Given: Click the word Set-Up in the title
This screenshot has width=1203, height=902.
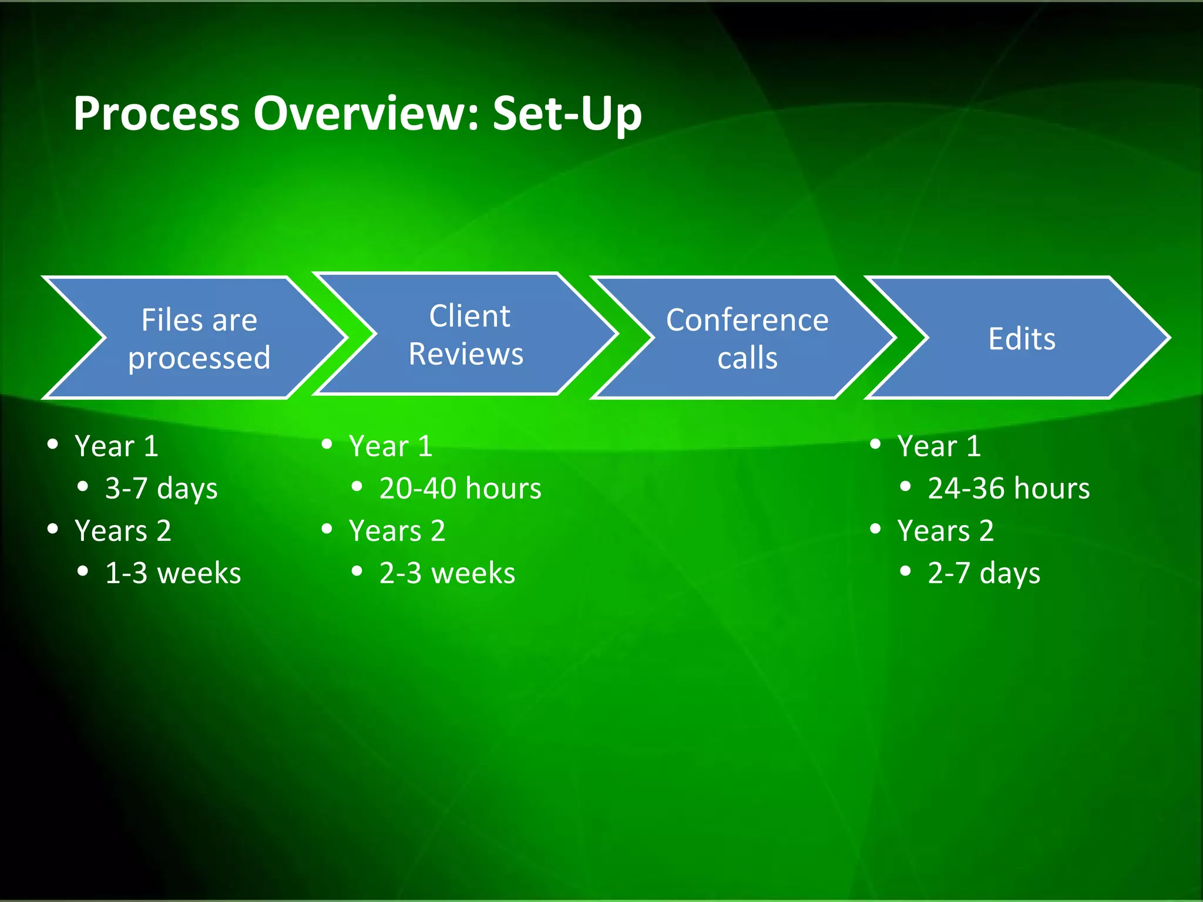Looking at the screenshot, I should tap(567, 113).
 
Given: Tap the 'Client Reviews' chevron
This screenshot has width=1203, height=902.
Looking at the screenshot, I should tap(466, 334).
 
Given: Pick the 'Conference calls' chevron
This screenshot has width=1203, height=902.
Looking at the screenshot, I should tap(747, 338).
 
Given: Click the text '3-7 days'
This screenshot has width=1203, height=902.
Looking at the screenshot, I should tap(161, 489).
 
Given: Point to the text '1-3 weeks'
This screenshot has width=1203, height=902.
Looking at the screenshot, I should tap(173, 573).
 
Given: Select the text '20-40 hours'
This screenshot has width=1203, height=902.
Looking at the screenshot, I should tap(460, 489).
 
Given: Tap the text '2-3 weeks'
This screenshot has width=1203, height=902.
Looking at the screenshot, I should tap(447, 573).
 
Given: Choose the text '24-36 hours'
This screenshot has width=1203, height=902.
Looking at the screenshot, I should tap(1009, 489).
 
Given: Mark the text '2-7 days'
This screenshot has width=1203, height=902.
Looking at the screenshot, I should tap(984, 573).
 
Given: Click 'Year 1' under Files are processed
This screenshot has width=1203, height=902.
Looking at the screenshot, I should tap(116, 446).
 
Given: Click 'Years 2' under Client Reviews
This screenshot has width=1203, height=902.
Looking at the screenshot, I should tap(397, 531).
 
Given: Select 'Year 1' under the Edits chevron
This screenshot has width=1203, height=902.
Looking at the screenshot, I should tap(939, 446).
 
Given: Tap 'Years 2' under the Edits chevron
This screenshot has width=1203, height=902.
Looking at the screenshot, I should tap(945, 531).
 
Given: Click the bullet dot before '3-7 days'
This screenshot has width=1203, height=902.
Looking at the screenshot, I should tap(83, 486).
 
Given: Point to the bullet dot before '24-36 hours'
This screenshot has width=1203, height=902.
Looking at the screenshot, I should tap(905, 486).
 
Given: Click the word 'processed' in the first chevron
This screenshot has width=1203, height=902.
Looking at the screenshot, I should tap(199, 358).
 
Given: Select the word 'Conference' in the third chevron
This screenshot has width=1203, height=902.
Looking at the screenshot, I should tap(747, 320).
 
